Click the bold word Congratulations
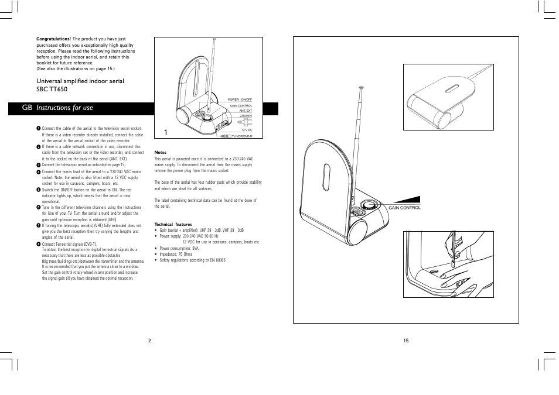point(53,39)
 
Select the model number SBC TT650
point(52,90)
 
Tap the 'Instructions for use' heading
point(64,108)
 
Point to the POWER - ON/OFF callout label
point(240,100)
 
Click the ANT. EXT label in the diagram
point(246,111)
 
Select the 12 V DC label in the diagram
point(247,130)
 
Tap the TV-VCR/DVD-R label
point(242,136)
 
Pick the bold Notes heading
point(160,153)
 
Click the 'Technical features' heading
point(173,224)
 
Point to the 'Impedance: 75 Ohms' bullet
point(176,254)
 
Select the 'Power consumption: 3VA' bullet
point(179,248)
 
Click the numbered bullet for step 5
point(38,190)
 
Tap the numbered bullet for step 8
point(38,244)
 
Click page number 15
point(405,341)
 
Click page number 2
point(149,341)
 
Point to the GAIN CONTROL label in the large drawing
point(404,208)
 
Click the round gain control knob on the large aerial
point(369,206)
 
